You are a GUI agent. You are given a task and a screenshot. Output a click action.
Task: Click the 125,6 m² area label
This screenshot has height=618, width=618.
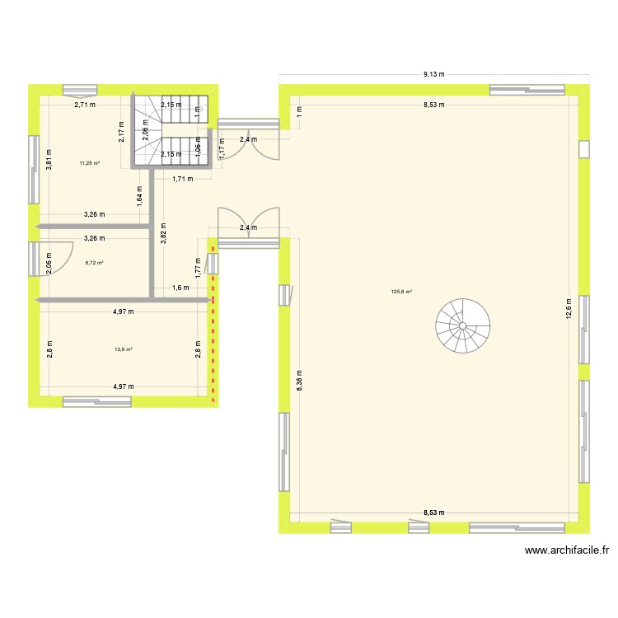point(402,291)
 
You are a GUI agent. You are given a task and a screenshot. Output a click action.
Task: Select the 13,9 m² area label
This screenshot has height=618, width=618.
point(124,349)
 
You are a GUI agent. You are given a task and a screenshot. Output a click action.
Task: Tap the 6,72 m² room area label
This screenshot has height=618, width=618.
point(94,263)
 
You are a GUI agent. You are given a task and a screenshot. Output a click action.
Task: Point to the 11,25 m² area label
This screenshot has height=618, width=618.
point(89,163)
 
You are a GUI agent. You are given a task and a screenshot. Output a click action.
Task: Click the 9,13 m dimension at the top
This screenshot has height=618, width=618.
point(434,74)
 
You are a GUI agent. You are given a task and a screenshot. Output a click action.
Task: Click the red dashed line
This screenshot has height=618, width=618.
point(213,321)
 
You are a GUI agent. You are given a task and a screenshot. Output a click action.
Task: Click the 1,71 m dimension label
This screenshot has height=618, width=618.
point(182,179)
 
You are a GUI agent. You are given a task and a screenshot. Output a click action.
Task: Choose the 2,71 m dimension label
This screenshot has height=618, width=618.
point(84,105)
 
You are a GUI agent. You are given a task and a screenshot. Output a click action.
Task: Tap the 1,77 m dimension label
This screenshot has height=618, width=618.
point(199,264)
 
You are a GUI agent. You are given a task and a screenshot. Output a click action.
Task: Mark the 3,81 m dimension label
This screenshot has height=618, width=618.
point(49,159)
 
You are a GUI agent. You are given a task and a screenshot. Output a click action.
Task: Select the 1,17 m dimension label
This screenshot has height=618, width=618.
point(222,147)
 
